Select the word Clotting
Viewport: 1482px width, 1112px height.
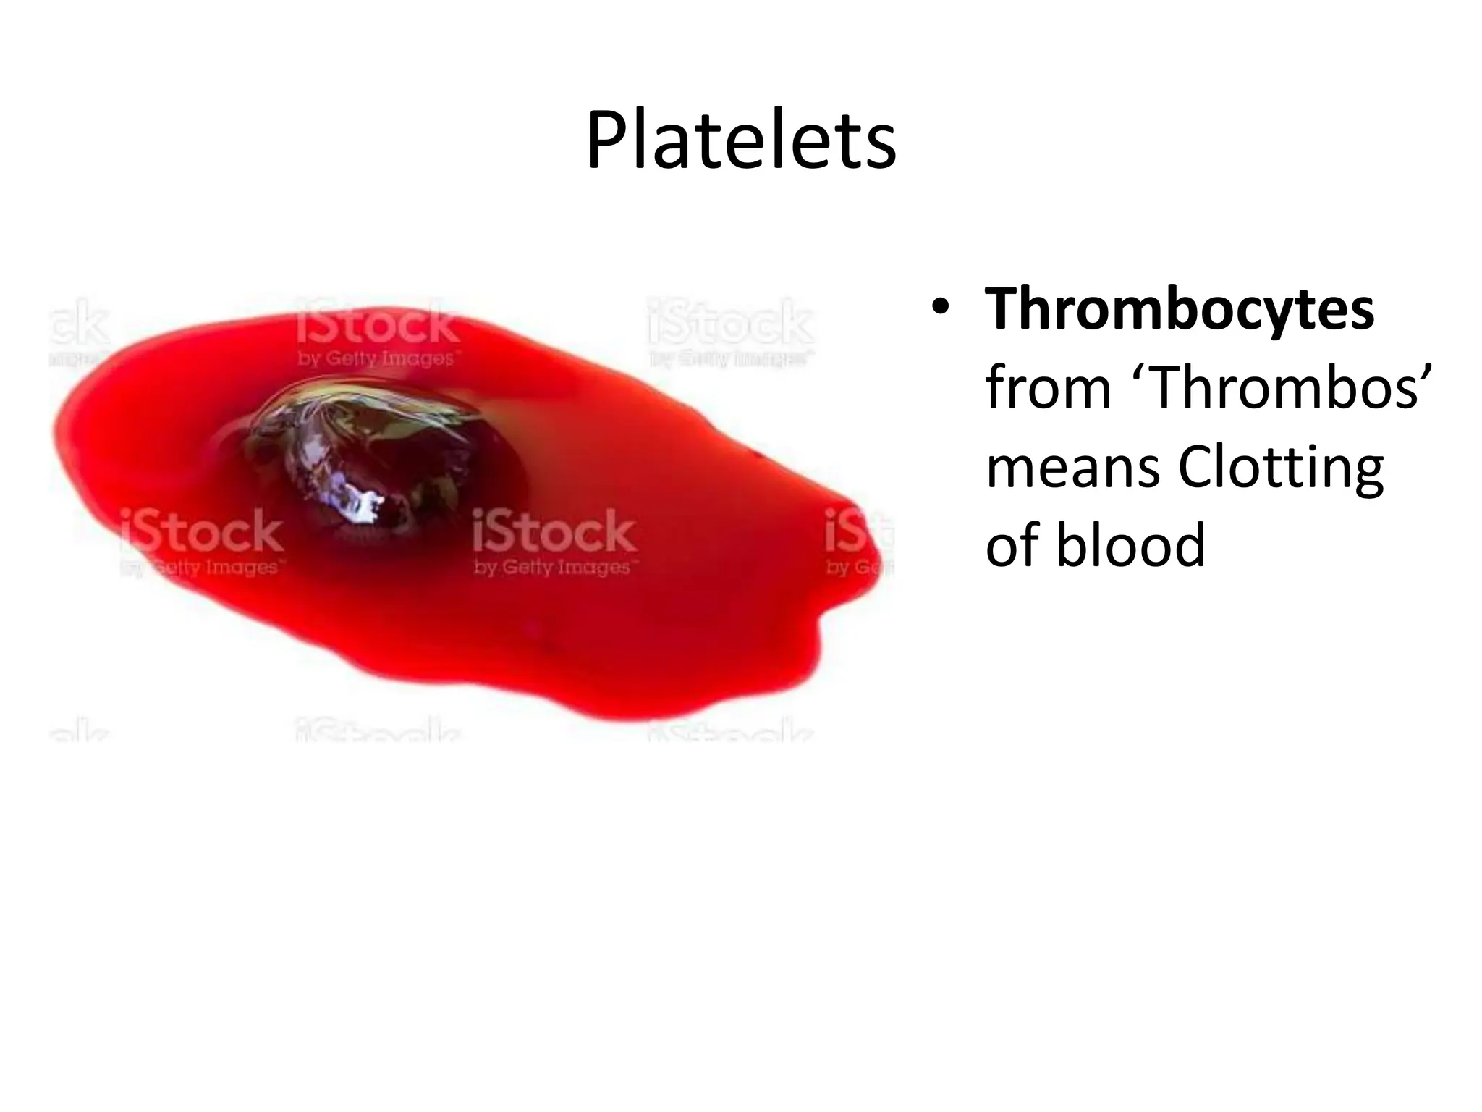coord(1281,468)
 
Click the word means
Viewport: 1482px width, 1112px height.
coord(1072,469)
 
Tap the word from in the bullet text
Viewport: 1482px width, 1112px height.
coord(1048,389)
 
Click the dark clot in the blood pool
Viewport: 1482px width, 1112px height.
coord(376,463)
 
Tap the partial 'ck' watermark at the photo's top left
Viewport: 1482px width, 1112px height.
coord(80,322)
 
